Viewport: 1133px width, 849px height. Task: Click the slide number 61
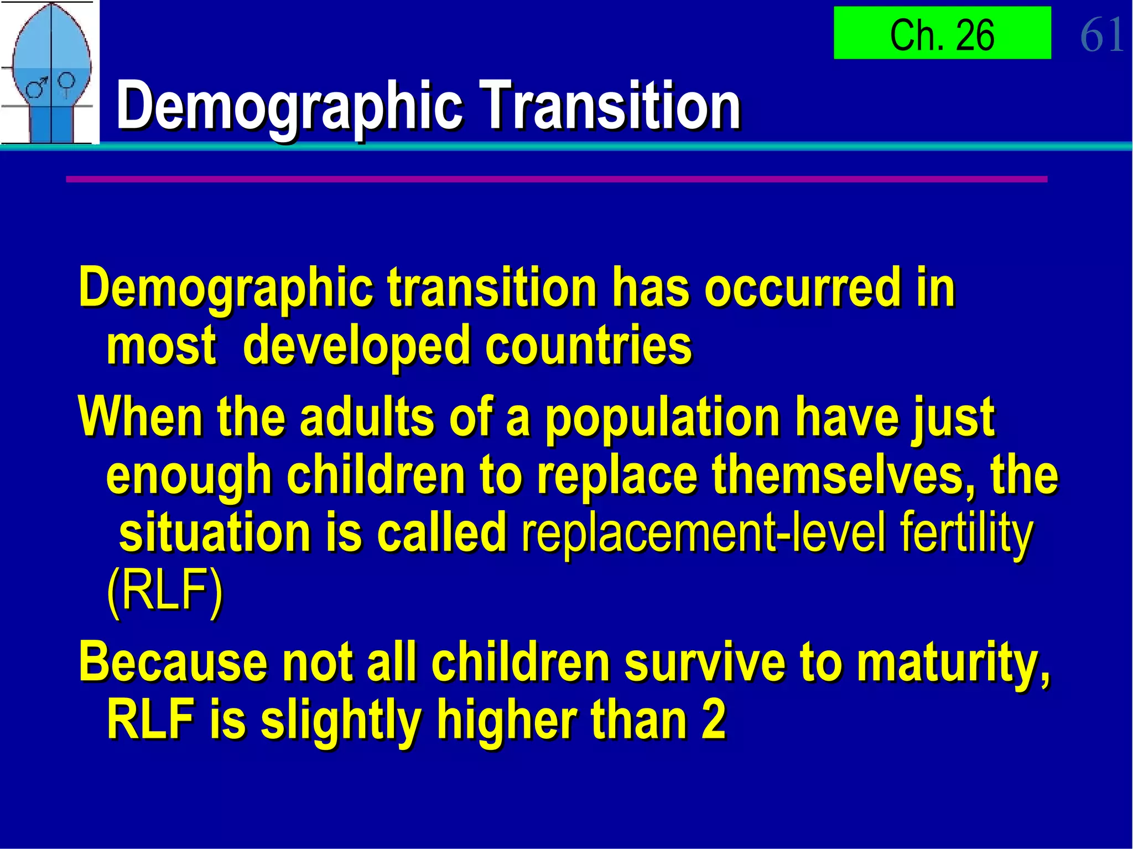point(1101,34)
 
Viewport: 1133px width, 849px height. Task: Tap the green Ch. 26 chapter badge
point(942,33)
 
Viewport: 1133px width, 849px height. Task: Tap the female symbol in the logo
point(67,83)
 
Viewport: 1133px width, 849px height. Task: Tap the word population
point(662,419)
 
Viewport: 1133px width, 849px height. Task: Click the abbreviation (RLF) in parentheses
point(164,592)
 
